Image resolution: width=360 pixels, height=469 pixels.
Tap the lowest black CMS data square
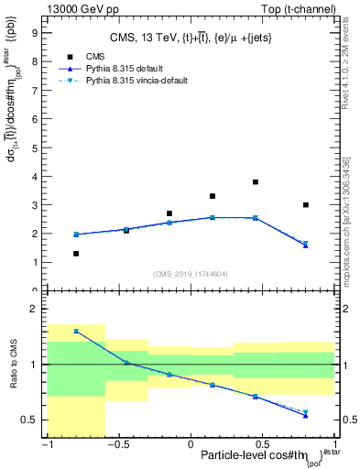point(76,254)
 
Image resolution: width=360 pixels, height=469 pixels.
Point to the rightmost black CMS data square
point(306,205)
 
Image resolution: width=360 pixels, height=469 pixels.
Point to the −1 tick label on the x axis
point(46,445)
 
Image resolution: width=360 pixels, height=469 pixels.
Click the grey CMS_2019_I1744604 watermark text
point(191,274)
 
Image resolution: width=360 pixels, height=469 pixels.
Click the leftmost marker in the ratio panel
point(76,331)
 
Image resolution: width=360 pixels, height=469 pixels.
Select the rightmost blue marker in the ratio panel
point(306,415)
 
